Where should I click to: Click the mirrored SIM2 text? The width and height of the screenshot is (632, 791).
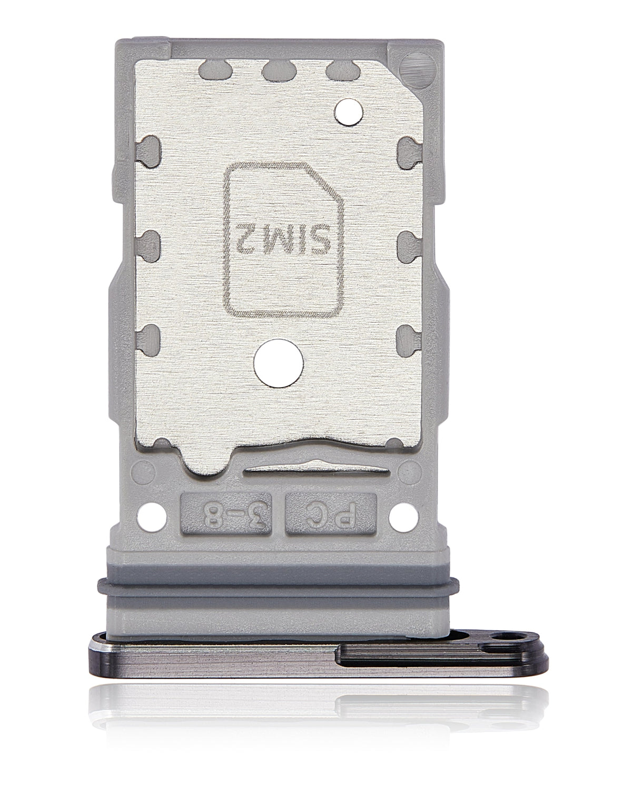[x=284, y=243]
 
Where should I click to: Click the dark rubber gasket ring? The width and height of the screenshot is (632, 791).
[x=278, y=590]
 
